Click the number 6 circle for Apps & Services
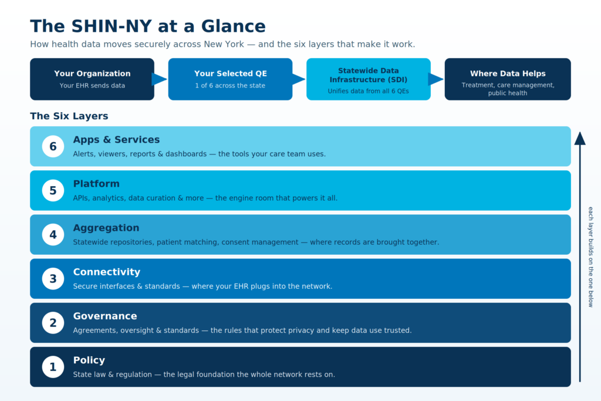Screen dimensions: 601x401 (53, 146)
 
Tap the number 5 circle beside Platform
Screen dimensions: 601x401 (53, 190)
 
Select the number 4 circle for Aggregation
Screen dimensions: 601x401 (53, 234)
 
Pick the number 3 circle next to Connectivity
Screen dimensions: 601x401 (53, 278)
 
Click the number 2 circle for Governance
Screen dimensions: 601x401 (53, 322)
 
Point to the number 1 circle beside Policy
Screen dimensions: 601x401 (53, 366)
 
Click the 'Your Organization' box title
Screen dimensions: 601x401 (92, 73)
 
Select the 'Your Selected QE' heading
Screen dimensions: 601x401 (230, 73)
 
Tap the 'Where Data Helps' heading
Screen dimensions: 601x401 (508, 73)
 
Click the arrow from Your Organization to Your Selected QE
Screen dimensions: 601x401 (160, 79)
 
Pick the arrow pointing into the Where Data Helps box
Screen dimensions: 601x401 (436, 79)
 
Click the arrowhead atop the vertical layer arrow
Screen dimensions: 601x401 (580, 139)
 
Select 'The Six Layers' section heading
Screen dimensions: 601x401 (69, 116)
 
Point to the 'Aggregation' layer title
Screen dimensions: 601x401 (106, 228)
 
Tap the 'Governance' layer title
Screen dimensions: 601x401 (105, 316)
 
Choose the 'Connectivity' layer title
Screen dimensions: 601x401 (107, 272)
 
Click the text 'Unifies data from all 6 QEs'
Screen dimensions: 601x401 (369, 91)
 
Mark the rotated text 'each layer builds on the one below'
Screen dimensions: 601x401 (590, 257)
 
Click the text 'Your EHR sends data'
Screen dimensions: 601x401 (92, 86)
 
